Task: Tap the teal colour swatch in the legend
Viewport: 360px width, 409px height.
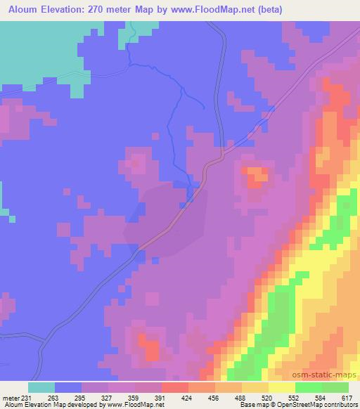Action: pyautogui.click(x=41, y=387)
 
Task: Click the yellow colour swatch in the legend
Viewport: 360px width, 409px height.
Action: pyautogui.click(x=282, y=387)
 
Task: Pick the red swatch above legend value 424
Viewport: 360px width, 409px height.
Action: pyautogui.click(x=175, y=387)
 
